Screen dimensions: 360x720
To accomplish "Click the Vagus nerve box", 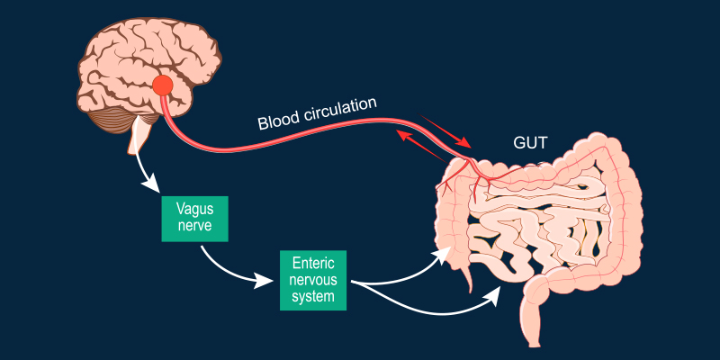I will tap(194, 217).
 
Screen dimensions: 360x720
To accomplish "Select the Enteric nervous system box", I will tap(312, 279).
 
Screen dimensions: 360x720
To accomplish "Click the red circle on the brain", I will tap(162, 86).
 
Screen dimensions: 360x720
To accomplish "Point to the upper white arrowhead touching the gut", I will tap(443, 253).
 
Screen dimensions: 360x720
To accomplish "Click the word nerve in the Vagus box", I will tap(194, 226).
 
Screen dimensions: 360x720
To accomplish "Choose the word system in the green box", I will tap(312, 295).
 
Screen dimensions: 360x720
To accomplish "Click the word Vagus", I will tap(194, 208).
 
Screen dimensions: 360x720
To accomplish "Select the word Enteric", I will tap(312, 262).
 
